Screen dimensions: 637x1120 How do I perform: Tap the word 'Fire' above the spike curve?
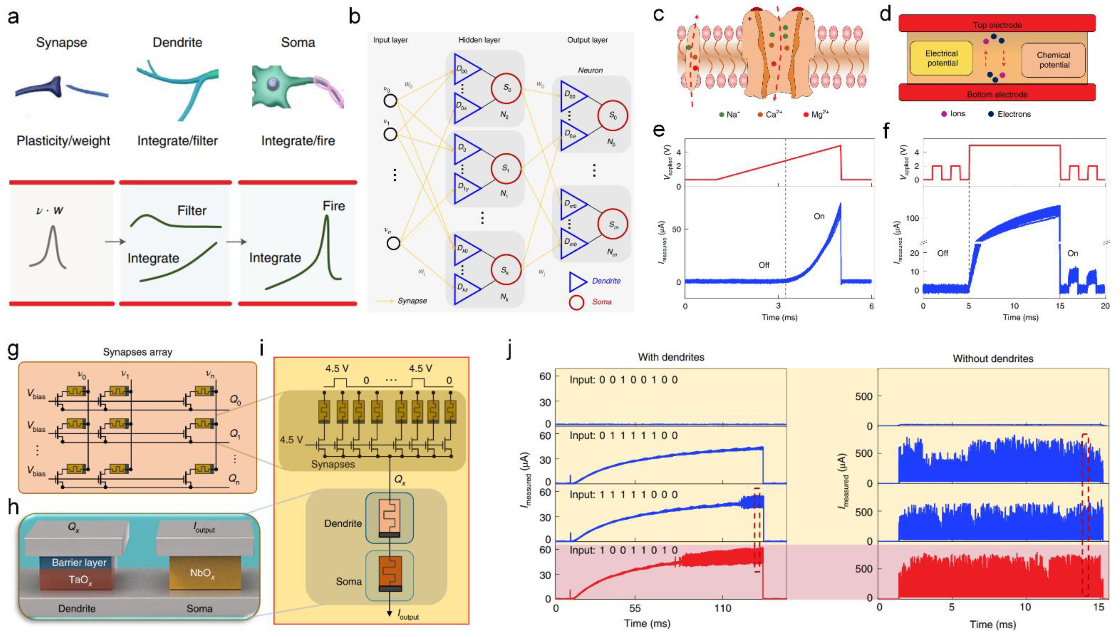coord(334,206)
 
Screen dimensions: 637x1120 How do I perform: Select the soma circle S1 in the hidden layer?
coord(506,168)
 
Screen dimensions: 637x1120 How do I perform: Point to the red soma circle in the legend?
coord(576,302)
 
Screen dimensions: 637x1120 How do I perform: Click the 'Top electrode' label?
coord(997,25)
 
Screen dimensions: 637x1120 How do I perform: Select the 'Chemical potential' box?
coord(1053,60)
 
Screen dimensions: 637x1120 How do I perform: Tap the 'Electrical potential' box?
coord(941,58)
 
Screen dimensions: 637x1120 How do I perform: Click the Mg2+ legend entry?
coord(816,115)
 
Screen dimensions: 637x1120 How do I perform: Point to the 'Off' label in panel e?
coord(764,265)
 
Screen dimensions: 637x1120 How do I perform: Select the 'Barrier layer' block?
coord(79,563)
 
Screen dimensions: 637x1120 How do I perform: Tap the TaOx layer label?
coord(80,580)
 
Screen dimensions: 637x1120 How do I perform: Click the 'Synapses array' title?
coord(138,352)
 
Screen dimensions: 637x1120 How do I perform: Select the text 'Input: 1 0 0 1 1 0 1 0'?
coord(623,550)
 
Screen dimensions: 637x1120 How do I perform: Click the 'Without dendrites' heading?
coord(993,359)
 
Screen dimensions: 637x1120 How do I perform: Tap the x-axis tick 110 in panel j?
coord(723,608)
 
